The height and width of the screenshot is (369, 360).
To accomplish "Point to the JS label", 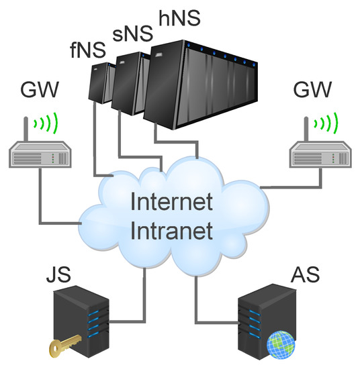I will [58, 275].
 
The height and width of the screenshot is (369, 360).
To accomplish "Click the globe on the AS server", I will [280, 343].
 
